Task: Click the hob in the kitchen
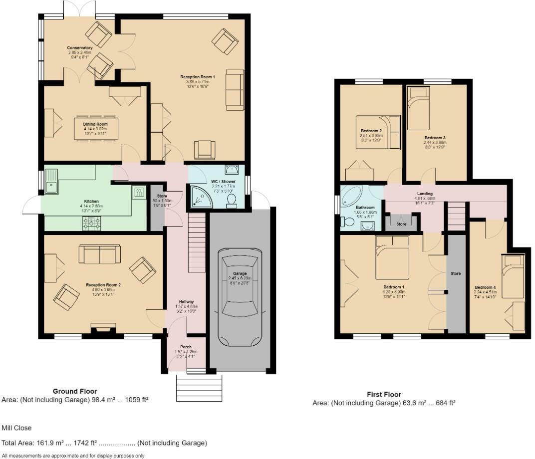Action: (x=92, y=226)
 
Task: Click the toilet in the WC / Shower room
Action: (x=232, y=200)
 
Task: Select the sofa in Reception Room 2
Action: (x=99, y=254)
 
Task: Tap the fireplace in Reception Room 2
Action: (x=103, y=328)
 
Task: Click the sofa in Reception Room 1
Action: (x=235, y=89)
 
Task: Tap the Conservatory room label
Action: (x=80, y=48)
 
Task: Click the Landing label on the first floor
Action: (x=425, y=194)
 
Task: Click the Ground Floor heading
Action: (x=75, y=392)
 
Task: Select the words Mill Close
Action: (x=16, y=428)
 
